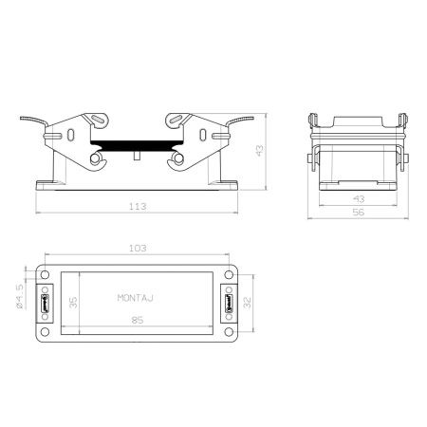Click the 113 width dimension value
point(138,207)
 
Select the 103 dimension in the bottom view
point(138,248)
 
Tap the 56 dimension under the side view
point(359,213)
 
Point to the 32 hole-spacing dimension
point(248,303)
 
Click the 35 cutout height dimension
point(73,303)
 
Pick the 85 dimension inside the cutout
point(138,320)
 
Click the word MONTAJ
point(136,298)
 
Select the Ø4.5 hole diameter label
point(20,296)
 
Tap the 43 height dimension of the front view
point(259,151)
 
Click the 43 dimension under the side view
point(359,199)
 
